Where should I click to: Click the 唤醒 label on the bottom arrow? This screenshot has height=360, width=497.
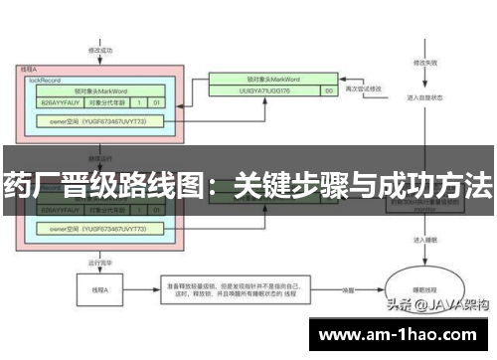[x=351, y=289]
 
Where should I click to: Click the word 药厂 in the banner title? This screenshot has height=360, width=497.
[x=26, y=184]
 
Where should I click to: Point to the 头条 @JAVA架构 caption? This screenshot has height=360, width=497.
[x=437, y=307]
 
